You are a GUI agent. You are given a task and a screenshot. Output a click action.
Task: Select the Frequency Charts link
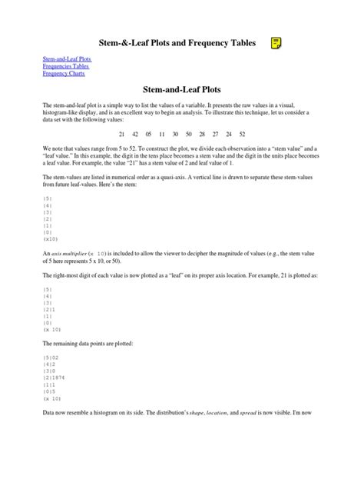pos(64,74)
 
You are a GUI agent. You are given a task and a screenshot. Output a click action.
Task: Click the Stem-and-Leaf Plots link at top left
pos(61,58)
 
